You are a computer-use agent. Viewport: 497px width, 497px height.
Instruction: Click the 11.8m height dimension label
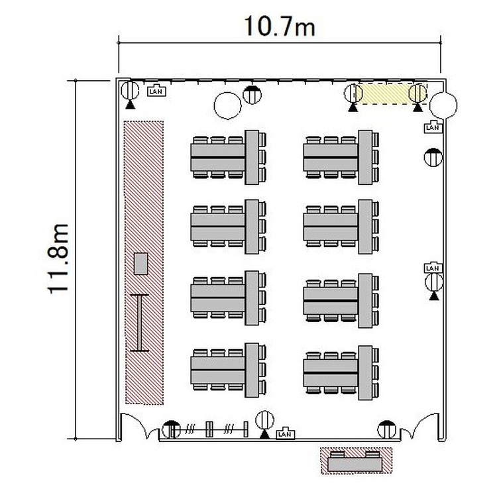pyautogui.click(x=58, y=259)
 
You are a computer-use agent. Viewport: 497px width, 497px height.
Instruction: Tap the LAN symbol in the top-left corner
pyautogui.click(x=156, y=91)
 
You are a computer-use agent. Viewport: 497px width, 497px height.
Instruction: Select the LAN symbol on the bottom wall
pyautogui.click(x=285, y=433)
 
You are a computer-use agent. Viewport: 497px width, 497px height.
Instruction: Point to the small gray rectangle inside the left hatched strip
pyautogui.click(x=140, y=263)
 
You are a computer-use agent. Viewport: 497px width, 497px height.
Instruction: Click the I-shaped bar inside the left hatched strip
pyautogui.click(x=139, y=323)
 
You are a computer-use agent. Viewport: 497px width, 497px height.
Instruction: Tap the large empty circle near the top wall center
pyautogui.click(x=227, y=105)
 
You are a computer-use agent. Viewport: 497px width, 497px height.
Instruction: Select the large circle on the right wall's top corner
pyautogui.click(x=443, y=105)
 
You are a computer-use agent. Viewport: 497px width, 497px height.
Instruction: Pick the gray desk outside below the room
pyautogui.click(x=355, y=465)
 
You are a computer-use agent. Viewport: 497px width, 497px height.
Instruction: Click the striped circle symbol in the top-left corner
pyautogui.click(x=130, y=90)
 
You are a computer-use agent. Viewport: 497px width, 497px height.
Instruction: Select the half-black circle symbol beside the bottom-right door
pyautogui.click(x=387, y=429)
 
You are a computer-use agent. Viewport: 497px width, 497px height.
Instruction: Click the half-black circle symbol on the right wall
pyautogui.click(x=433, y=157)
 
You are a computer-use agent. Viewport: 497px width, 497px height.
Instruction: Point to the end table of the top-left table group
pyautogui.click(x=252, y=157)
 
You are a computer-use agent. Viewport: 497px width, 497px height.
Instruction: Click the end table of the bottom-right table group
pyautogui.click(x=365, y=372)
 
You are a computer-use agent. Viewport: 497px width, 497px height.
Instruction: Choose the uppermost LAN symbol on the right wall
pyautogui.click(x=433, y=127)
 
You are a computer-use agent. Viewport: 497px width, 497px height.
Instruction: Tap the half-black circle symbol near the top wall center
pyautogui.click(x=252, y=95)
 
